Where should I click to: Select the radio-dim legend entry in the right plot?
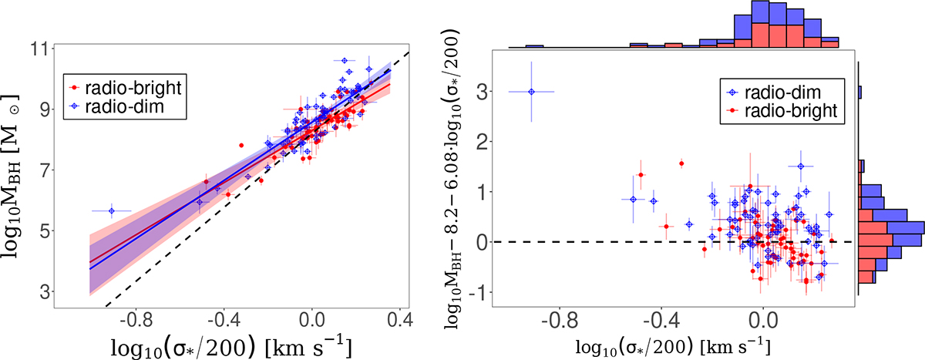(783, 93)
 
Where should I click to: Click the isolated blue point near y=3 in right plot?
(531, 91)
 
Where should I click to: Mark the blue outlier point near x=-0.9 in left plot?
(111, 210)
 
